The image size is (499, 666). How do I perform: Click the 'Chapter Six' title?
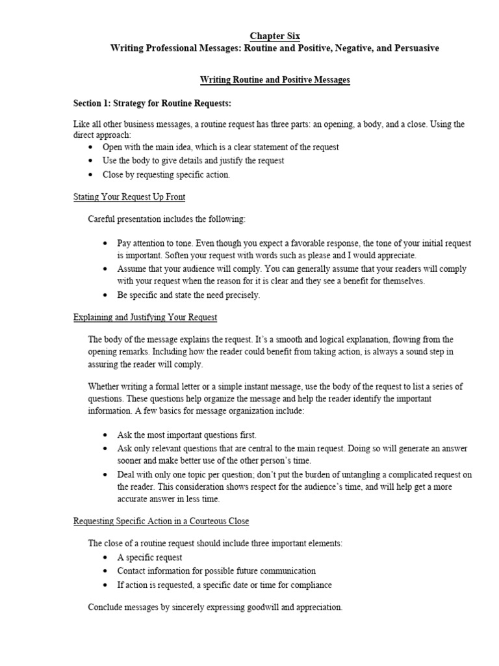(x=275, y=36)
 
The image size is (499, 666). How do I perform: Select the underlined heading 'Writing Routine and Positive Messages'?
(x=275, y=80)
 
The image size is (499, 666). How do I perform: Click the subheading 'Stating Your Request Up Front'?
(x=129, y=196)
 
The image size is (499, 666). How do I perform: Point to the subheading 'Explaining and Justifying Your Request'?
(x=145, y=317)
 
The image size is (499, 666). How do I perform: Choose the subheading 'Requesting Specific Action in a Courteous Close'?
(x=160, y=522)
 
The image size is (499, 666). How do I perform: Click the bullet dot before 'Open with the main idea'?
(x=91, y=148)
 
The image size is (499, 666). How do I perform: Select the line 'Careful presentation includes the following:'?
(x=167, y=219)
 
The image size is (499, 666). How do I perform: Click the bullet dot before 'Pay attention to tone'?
(x=105, y=243)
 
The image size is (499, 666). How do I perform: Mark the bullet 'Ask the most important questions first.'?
(x=187, y=435)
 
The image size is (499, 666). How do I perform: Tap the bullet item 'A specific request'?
(x=150, y=557)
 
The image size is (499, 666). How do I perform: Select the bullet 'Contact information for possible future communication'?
(x=216, y=571)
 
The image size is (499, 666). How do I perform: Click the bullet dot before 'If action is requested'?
(x=105, y=585)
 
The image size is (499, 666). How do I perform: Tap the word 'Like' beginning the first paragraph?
(x=81, y=125)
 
